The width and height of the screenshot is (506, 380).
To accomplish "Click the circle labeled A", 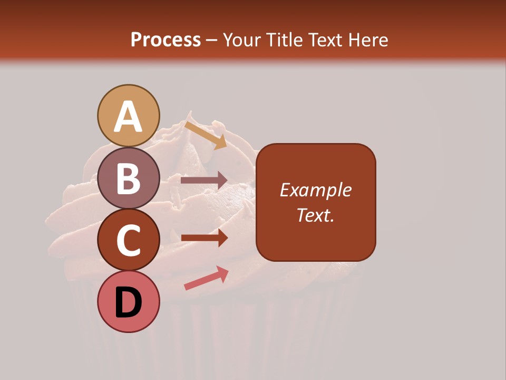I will tap(129, 116).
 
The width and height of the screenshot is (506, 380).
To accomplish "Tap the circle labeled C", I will tap(129, 240).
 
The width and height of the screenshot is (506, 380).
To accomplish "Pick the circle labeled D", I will tap(129, 301).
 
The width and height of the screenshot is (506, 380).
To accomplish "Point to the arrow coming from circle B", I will tap(204, 180).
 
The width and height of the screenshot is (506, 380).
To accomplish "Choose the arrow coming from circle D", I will tap(206, 278).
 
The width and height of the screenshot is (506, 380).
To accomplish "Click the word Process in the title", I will tap(166, 40).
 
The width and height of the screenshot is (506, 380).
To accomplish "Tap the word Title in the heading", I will tap(284, 40).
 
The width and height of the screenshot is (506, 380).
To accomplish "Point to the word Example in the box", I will tap(315, 190).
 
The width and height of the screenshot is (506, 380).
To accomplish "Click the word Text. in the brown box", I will tap(315, 215).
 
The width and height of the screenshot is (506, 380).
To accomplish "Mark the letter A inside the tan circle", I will tap(129, 117).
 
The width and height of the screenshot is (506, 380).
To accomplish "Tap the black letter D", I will tap(129, 303).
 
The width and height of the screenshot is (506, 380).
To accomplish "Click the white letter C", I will tap(129, 241).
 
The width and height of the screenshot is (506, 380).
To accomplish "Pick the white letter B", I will tap(129, 179).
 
